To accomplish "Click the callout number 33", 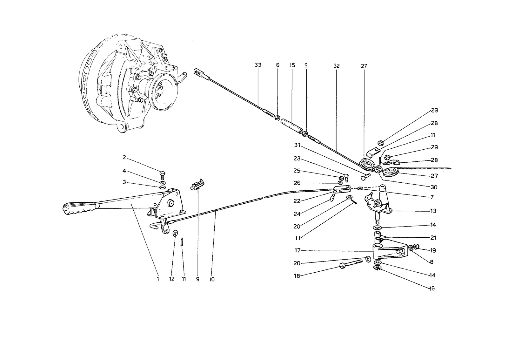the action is point(258,65).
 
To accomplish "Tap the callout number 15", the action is point(292,65).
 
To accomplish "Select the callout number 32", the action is point(337,66).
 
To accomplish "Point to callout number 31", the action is point(297,145).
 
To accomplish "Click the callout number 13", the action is point(433,211).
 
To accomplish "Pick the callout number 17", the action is point(297,250).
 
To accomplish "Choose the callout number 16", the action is point(432,288).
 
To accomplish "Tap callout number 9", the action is point(198,279).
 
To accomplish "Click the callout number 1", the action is point(158,279).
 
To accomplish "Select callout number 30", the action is point(434,187).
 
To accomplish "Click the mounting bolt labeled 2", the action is point(163,175).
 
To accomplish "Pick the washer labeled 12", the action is point(175,233).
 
